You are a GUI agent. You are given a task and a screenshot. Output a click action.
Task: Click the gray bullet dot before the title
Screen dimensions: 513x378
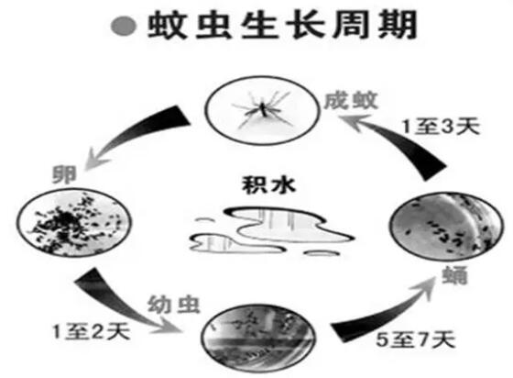point(124,27)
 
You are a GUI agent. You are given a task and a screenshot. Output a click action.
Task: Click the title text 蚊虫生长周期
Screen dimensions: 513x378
point(282,25)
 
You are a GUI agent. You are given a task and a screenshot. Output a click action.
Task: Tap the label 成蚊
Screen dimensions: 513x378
point(351,100)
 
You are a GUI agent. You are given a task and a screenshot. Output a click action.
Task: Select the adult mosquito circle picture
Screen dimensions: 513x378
point(262,110)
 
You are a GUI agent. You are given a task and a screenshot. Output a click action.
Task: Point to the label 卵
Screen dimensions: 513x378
point(64,174)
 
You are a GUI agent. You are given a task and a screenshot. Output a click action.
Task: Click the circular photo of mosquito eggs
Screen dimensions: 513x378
point(74,223)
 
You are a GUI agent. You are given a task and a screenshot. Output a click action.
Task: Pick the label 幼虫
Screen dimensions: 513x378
point(173,305)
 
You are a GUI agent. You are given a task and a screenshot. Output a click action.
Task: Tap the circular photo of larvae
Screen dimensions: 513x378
point(258,339)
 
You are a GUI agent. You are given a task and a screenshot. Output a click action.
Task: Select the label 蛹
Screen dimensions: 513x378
point(454,275)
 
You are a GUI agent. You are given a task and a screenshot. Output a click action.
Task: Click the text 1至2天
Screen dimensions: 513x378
point(92,332)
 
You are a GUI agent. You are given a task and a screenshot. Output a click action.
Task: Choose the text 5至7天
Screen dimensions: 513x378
point(416,339)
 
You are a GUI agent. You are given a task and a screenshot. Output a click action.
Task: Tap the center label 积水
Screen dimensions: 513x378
point(268,185)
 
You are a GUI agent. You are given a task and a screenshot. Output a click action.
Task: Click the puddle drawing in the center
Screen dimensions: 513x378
point(271,231)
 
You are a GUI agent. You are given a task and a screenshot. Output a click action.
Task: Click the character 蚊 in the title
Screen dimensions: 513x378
point(167,25)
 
